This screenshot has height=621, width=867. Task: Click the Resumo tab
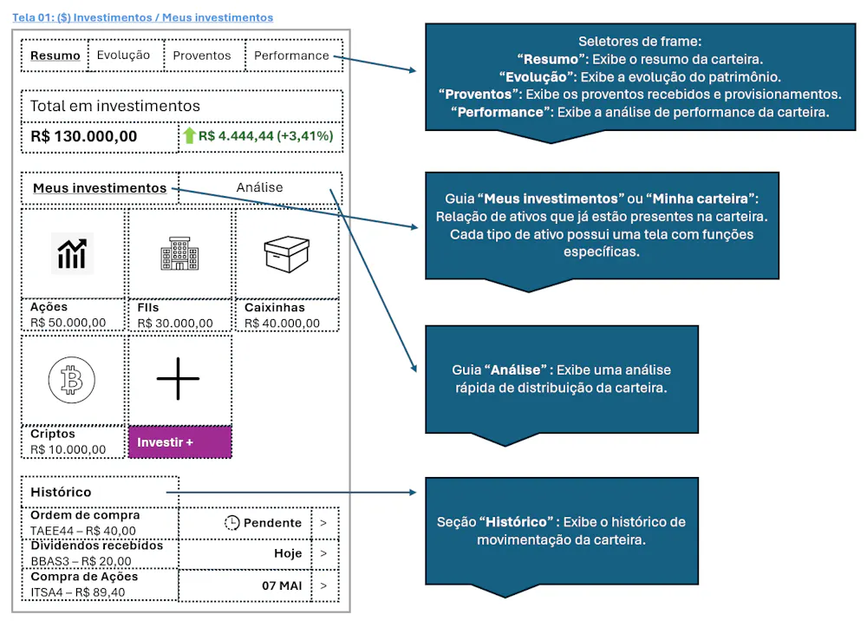tap(55, 56)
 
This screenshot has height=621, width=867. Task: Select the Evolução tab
tap(123, 56)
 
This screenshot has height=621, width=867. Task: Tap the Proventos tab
tap(202, 56)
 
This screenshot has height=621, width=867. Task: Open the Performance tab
tap(291, 56)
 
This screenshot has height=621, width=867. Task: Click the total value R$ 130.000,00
tap(84, 136)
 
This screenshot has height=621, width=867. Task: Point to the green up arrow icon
tap(190, 136)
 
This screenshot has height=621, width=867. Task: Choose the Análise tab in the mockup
tap(260, 187)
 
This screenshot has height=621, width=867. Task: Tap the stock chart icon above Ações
tap(73, 254)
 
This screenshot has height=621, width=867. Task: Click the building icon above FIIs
tap(179, 254)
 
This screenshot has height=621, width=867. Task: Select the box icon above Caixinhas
tap(287, 253)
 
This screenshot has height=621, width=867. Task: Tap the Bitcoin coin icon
tap(73, 381)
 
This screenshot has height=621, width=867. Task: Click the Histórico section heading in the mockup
tap(61, 492)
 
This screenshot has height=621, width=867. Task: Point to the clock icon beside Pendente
tap(231, 523)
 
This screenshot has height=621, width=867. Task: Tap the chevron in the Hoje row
tap(323, 553)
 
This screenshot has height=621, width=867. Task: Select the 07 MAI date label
tap(282, 585)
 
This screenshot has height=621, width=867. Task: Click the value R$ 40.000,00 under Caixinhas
tap(282, 324)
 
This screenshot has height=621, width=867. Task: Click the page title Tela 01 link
tap(143, 17)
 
